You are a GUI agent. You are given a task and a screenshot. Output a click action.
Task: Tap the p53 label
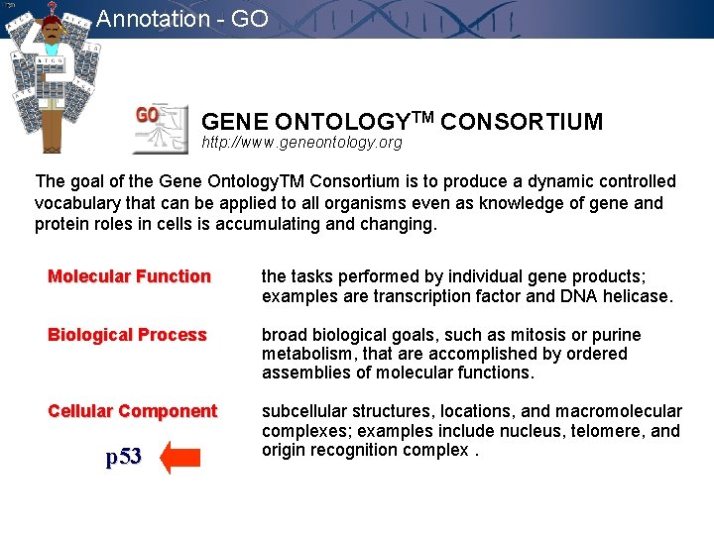click(x=124, y=457)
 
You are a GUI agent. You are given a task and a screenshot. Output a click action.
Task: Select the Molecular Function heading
click(x=130, y=276)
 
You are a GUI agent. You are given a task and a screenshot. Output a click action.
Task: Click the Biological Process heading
click(x=127, y=335)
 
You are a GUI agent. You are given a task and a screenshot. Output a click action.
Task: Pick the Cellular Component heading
click(x=132, y=411)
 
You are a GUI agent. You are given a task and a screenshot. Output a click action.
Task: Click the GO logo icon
click(x=161, y=128)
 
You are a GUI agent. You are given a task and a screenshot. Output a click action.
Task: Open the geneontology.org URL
click(x=301, y=143)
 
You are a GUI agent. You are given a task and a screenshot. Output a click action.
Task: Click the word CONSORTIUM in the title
click(x=522, y=122)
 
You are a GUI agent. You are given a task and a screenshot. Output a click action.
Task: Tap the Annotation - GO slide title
click(x=182, y=18)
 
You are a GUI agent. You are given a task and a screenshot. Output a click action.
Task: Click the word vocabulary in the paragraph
click(x=76, y=203)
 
